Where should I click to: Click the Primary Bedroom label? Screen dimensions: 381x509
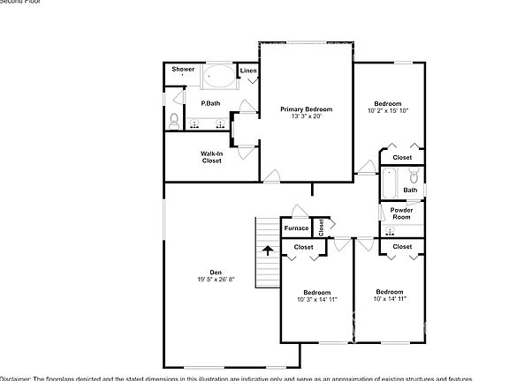[307, 108]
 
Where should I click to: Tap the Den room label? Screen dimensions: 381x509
[216, 272]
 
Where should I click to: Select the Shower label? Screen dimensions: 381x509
[183, 69]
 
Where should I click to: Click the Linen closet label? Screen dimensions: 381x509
[248, 70]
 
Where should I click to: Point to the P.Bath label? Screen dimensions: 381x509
[210, 103]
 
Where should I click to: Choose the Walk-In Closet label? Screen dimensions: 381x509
[211, 157]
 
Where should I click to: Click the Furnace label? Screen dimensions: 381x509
[296, 228]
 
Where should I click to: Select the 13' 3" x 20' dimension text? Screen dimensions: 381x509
[307, 116]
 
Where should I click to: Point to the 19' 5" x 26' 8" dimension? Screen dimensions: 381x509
[216, 280]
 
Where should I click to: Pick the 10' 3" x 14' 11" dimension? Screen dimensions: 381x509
[316, 300]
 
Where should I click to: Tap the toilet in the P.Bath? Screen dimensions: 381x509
[173, 121]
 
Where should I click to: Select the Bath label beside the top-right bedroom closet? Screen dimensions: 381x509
[410, 190]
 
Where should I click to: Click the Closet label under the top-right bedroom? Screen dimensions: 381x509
[402, 157]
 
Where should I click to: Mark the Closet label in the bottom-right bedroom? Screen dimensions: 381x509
[402, 247]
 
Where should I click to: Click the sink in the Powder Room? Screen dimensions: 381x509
[389, 231]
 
